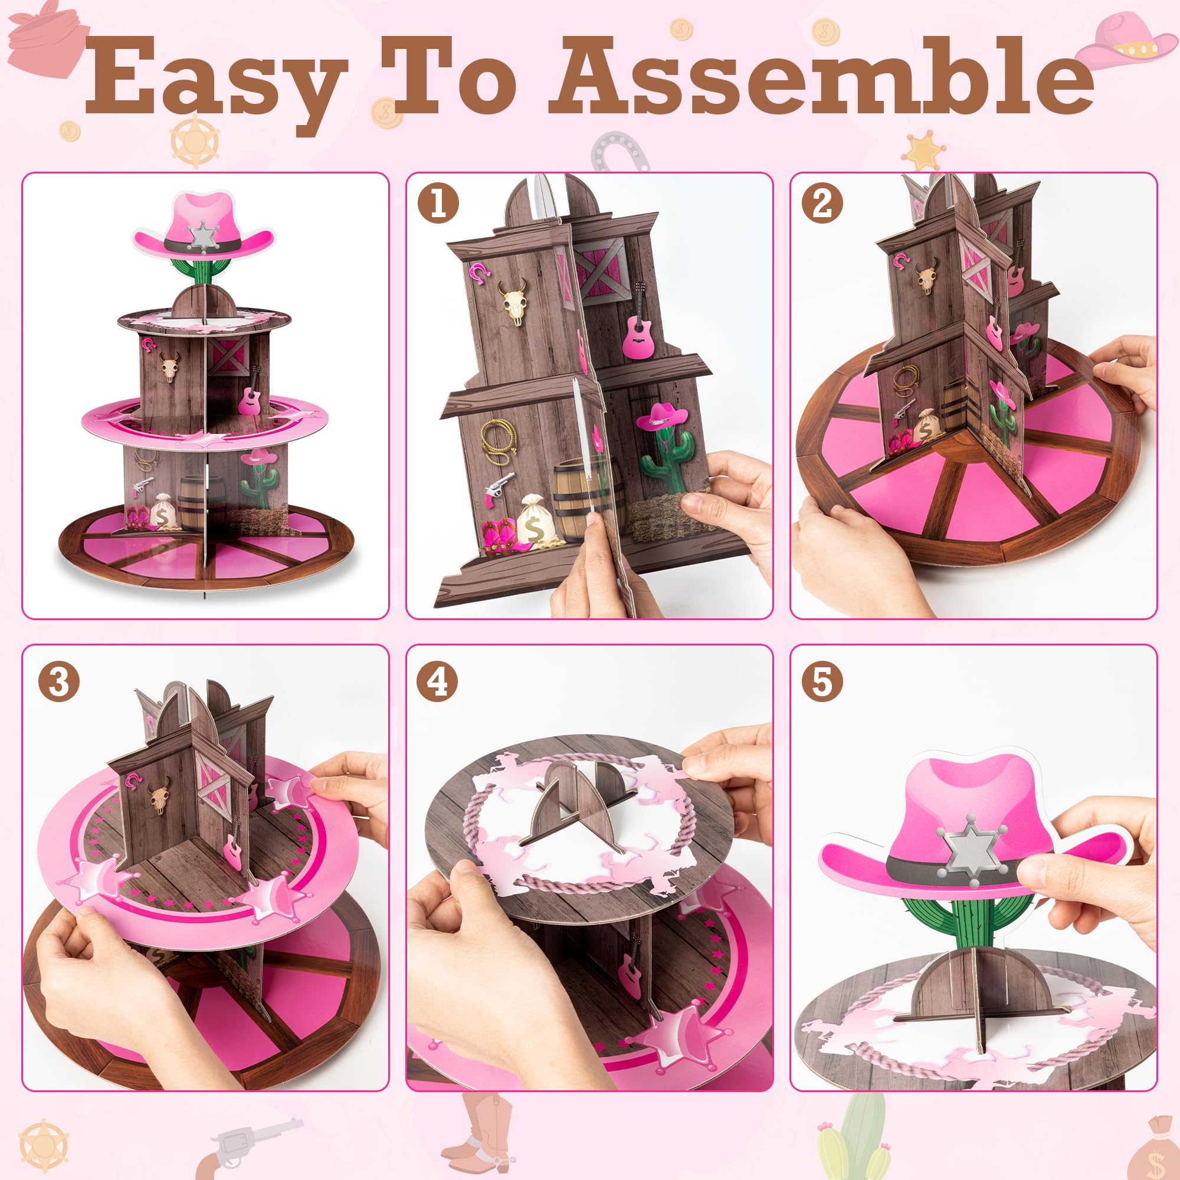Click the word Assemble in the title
(818, 76)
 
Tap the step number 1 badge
(438, 204)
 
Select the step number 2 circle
(822, 204)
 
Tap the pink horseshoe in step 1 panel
(480, 271)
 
